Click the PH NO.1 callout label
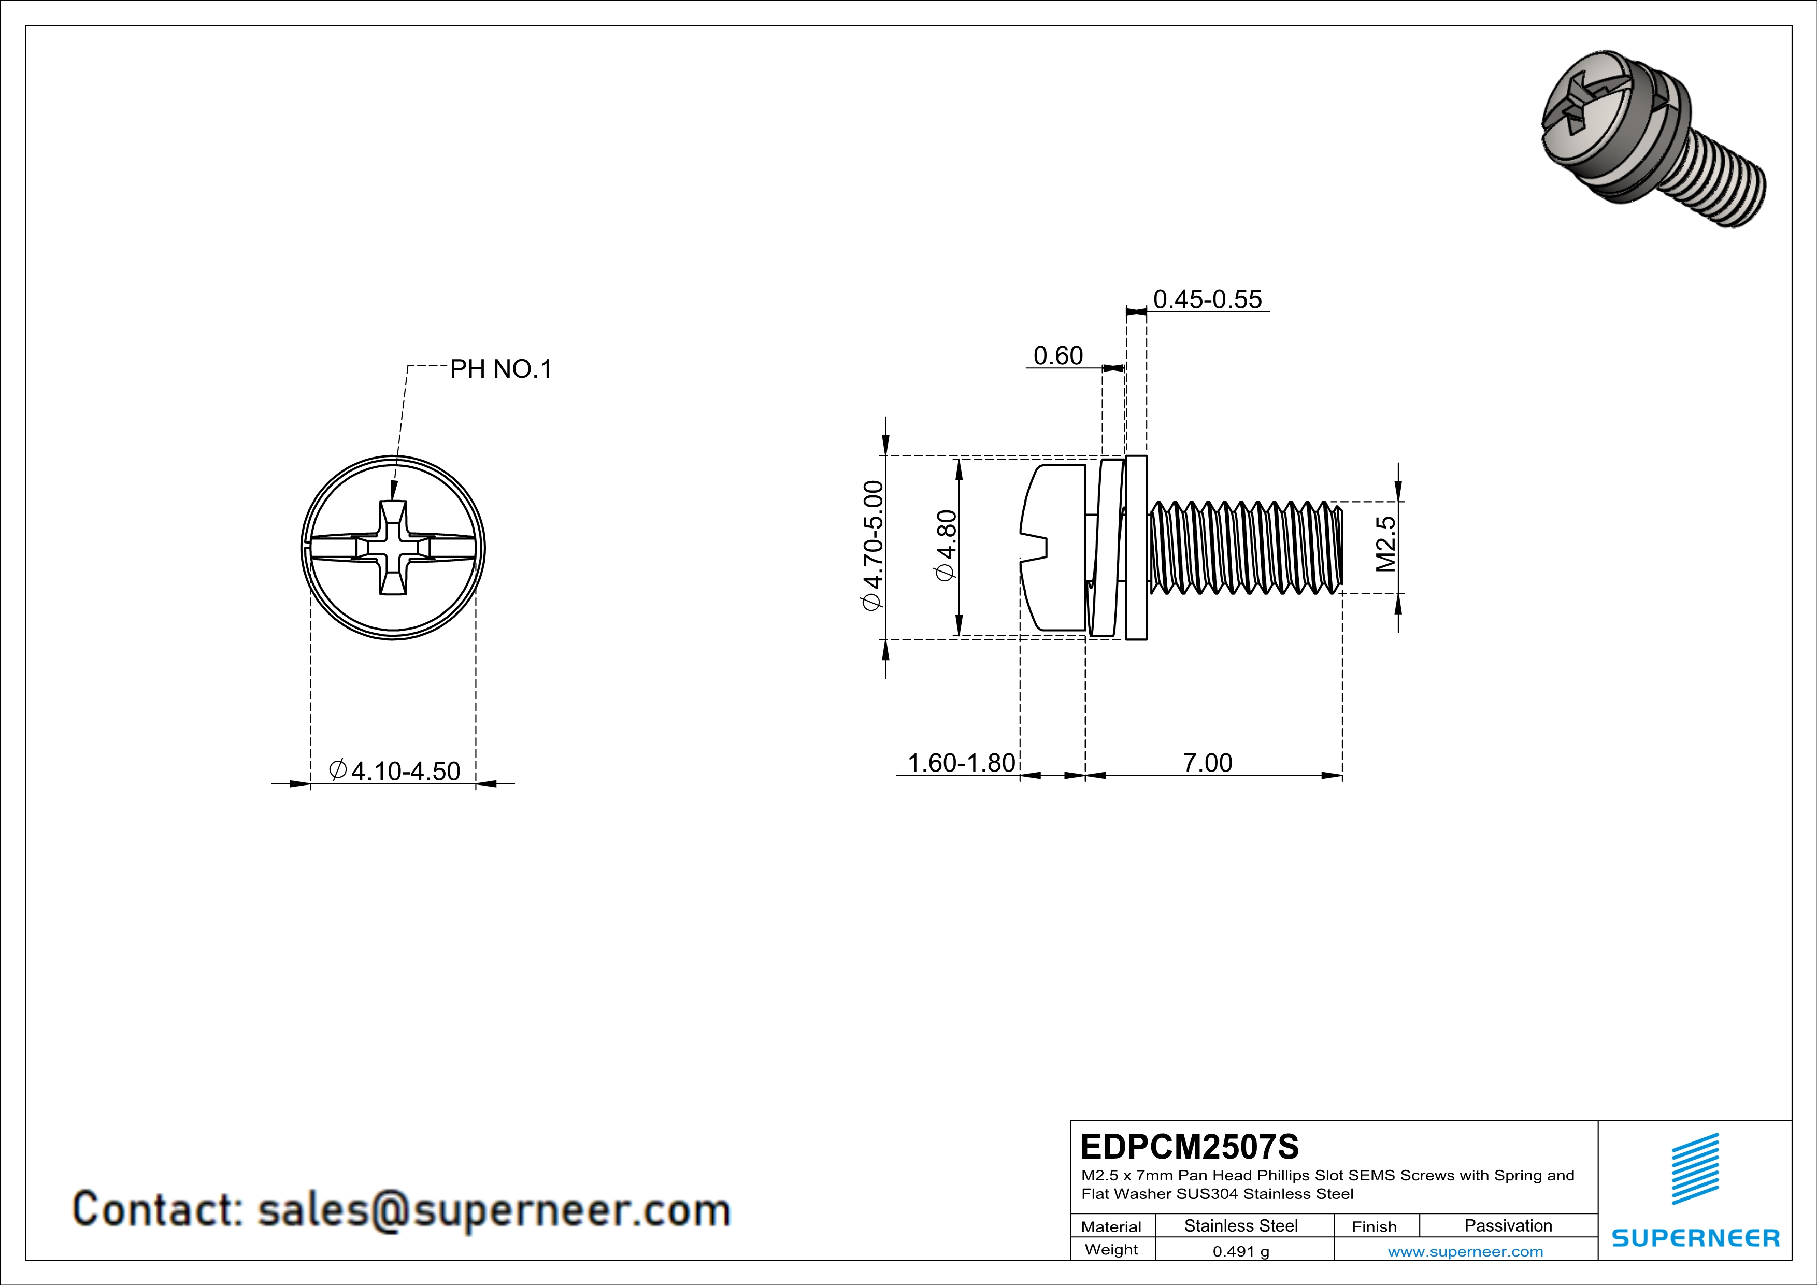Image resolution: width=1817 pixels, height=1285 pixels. (500, 369)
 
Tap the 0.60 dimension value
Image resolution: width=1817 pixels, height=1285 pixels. (1057, 356)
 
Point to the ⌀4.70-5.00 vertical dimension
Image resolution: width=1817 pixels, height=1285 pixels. (872, 546)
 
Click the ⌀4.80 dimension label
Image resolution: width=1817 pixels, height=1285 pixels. (947, 546)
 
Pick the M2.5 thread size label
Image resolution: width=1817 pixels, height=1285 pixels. (1386, 545)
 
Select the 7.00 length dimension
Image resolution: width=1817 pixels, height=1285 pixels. (1207, 763)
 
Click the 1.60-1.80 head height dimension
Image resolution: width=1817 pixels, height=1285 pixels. (960, 763)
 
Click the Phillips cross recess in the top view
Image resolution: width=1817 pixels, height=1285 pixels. (393, 548)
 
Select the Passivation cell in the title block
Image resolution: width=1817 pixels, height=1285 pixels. (1508, 1225)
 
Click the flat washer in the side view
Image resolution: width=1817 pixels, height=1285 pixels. (1136, 548)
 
